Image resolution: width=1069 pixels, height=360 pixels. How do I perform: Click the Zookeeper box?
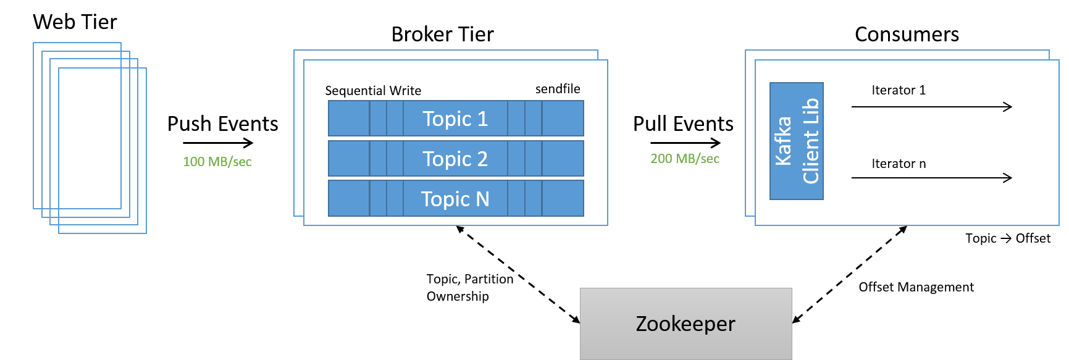685,324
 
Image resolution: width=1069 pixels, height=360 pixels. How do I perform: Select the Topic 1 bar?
456,118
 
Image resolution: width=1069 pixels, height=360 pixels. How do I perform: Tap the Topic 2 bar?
456,158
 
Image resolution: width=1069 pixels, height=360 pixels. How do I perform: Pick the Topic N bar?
456,198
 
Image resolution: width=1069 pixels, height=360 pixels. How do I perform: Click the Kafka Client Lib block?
797,141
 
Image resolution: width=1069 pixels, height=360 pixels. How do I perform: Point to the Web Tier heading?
75,22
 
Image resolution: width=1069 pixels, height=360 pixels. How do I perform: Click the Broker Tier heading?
442,34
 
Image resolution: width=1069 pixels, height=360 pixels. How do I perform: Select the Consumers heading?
907,34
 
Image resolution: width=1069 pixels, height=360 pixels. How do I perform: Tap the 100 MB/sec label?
217,162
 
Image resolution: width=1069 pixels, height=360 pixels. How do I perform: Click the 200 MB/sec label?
685,159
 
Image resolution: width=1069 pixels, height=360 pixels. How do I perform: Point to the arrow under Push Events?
218,143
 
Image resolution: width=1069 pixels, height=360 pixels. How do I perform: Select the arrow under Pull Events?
685,143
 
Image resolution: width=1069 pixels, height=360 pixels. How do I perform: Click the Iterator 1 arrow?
932,107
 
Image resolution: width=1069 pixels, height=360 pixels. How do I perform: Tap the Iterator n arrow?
932,178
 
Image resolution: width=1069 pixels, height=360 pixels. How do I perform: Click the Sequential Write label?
373,91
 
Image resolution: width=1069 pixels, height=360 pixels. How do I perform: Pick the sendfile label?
558,89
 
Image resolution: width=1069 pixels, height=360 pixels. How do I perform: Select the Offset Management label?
916,287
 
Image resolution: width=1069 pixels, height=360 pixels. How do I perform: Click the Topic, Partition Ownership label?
470,288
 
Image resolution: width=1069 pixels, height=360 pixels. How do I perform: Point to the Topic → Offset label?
1008,238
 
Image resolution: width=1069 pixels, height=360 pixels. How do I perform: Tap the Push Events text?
222,123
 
